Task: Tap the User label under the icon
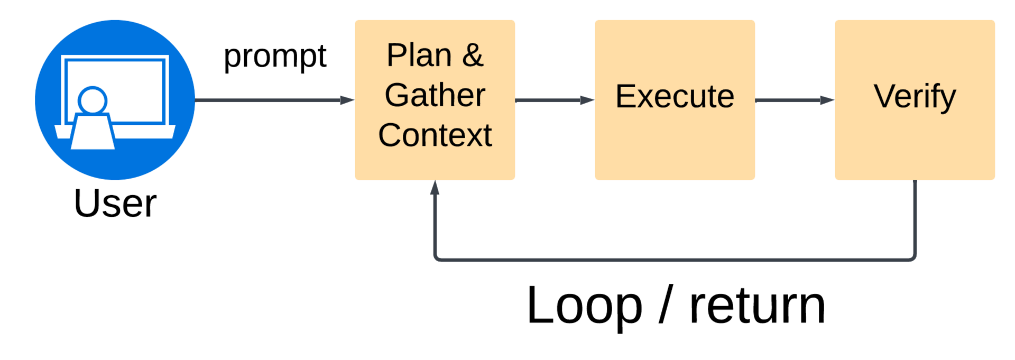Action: (115, 203)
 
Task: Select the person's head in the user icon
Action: (93, 100)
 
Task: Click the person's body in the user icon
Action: (93, 132)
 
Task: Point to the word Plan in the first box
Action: (419, 55)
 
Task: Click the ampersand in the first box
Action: (473, 55)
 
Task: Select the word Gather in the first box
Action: (435, 95)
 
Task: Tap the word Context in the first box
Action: (435, 135)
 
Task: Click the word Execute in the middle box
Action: (675, 96)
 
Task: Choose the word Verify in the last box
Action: (915, 96)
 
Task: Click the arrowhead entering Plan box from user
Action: (347, 100)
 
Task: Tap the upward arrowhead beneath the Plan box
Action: (435, 187)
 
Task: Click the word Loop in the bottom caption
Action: (584, 306)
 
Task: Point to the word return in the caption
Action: (757, 306)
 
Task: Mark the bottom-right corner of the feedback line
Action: (914, 259)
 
